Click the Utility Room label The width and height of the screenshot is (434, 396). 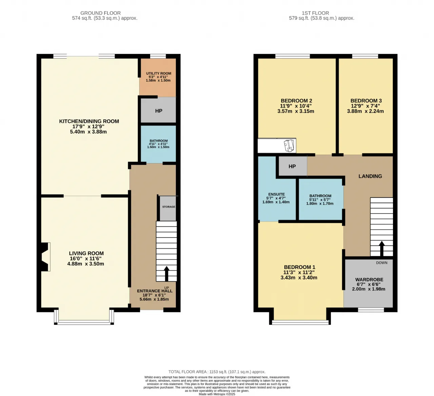tap(158, 73)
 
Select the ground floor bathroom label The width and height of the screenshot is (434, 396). tap(158, 141)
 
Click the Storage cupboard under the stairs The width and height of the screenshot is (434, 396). tap(168, 208)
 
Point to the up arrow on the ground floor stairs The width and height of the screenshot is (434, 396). tap(166, 274)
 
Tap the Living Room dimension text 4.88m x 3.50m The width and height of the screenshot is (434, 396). tap(85, 264)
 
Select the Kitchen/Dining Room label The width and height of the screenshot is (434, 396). tap(89, 121)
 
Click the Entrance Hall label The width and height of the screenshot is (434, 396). tap(155, 291)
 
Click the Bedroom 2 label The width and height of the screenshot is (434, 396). tap(296, 101)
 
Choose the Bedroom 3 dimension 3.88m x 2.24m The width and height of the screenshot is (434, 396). tap(366, 111)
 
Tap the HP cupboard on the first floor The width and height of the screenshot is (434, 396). tap(293, 166)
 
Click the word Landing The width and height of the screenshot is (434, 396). tap(370, 176)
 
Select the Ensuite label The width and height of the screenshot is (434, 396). tap(276, 194)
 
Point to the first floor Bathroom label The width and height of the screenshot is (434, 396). tap(320, 196)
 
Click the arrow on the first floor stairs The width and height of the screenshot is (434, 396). tap(382, 249)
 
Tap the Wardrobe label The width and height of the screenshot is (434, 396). tap(369, 280)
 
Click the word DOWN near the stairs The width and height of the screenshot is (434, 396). tap(382, 263)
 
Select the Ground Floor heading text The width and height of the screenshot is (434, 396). tap(101, 13)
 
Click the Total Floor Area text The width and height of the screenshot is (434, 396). tap(217, 372)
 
